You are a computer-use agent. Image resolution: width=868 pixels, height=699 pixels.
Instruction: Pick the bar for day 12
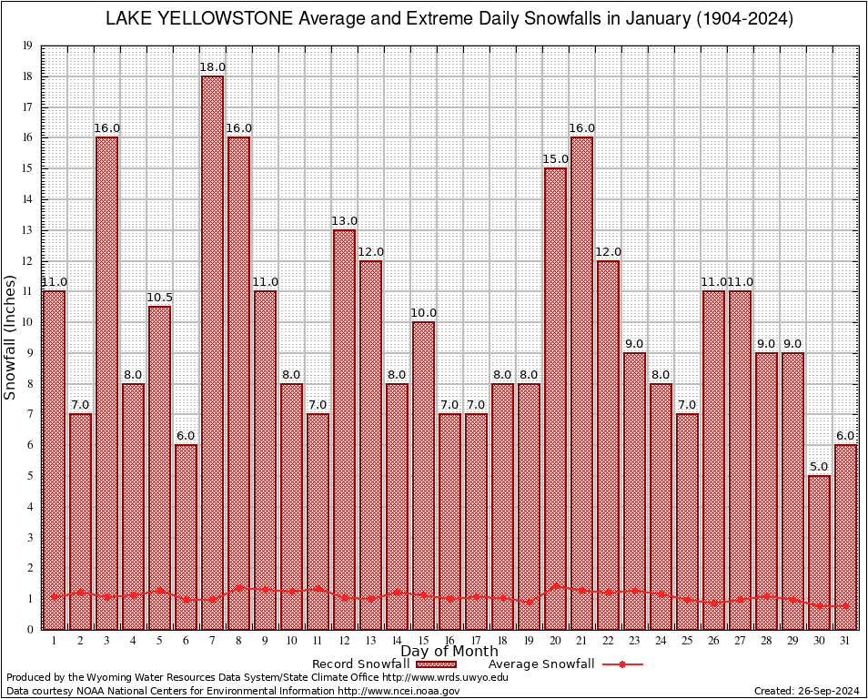point(344,429)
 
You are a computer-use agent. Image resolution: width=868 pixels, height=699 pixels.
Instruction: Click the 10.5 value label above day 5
point(160,298)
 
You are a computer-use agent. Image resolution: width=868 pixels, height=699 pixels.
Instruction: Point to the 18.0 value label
point(213,67)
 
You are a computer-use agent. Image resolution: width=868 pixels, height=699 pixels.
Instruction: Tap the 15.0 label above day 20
point(555,159)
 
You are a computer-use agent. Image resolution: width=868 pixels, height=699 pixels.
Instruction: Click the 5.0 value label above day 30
point(820,467)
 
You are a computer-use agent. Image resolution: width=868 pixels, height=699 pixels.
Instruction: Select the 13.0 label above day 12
point(344,221)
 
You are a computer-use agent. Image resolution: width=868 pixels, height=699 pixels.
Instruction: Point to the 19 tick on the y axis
point(27,46)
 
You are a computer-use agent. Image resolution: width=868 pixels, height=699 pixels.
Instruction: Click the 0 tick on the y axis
point(30,629)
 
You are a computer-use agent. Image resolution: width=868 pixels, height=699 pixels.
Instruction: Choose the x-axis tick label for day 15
point(423,641)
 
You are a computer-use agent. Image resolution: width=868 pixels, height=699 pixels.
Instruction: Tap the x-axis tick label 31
point(846,641)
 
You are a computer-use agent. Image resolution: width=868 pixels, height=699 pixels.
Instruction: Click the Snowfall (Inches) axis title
point(11,338)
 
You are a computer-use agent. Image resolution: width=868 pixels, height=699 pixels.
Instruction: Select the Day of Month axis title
point(449,651)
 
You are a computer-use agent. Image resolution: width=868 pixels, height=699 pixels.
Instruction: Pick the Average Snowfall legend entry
point(540,664)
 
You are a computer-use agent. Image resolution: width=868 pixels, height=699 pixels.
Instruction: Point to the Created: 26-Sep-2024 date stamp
point(806,691)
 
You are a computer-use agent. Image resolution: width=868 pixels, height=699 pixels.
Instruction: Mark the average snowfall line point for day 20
point(555,586)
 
